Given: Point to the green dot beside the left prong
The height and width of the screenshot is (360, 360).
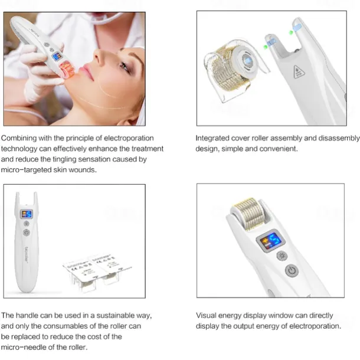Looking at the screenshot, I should coord(267,42).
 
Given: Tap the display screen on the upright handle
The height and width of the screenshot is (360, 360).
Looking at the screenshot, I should coord(27,214).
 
